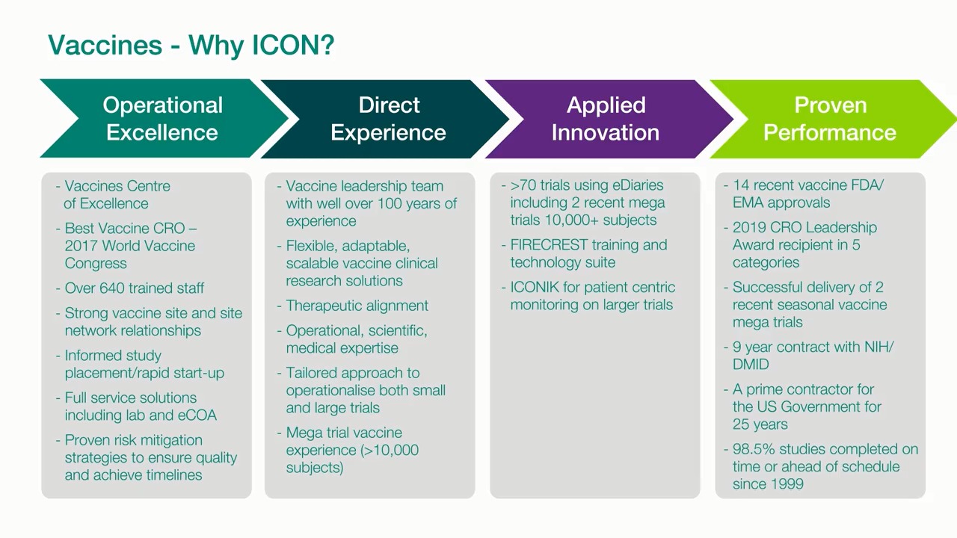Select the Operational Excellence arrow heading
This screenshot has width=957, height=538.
click(x=162, y=119)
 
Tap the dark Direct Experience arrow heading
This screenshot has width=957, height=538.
click(x=388, y=119)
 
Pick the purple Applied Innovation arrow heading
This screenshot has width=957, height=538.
click(x=606, y=119)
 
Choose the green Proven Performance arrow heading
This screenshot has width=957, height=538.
click(x=829, y=119)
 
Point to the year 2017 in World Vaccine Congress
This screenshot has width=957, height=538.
click(x=82, y=246)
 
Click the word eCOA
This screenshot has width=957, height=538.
click(x=196, y=415)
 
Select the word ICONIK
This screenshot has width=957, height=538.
click(x=535, y=288)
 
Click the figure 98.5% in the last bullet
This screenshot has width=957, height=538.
click(x=753, y=449)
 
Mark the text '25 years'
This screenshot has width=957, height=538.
click(x=760, y=424)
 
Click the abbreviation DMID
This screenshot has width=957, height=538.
click(x=751, y=365)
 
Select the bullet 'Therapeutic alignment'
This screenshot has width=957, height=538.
click(x=357, y=306)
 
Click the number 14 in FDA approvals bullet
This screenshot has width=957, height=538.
click(x=740, y=185)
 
